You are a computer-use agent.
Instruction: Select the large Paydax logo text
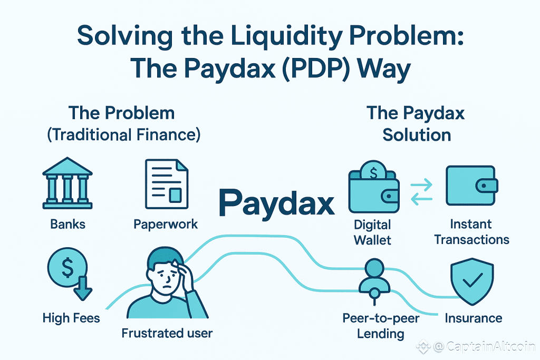point(276,201)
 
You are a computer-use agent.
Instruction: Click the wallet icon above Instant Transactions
point(471,187)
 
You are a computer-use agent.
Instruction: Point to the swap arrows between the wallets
point(421,191)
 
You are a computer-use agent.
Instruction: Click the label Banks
point(67,224)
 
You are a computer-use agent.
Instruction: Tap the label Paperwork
point(166,224)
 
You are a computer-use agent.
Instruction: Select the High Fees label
point(71,318)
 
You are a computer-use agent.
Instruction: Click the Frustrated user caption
point(167,333)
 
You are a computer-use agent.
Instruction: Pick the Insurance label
point(473,318)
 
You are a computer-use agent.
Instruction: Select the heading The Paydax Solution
point(417,123)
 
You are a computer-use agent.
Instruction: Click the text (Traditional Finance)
point(124,134)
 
